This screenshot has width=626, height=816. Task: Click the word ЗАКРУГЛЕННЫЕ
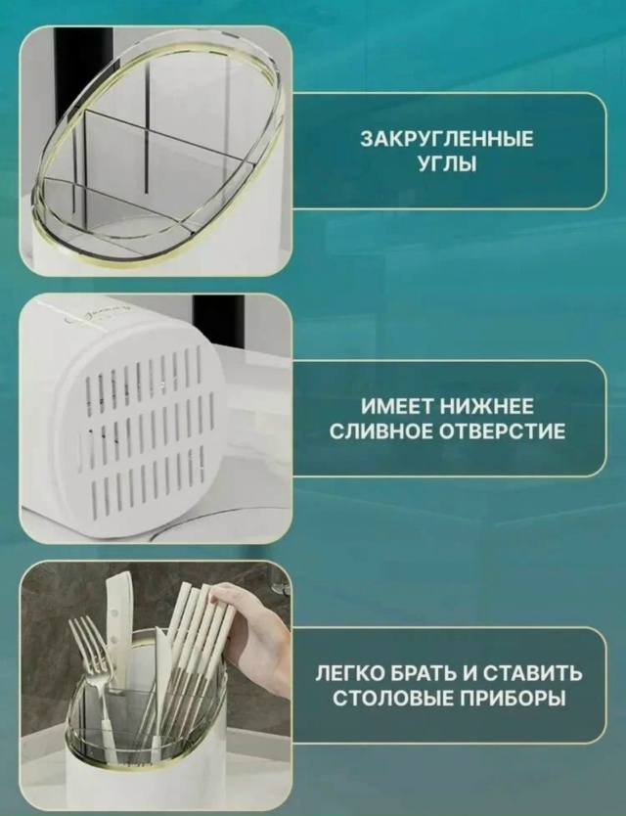pos(447,140)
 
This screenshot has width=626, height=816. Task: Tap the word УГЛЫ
pos(448,164)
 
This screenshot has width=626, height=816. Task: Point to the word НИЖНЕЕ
pos(487,406)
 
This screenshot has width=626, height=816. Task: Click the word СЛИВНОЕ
pos(381,431)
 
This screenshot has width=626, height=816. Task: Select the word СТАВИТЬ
pos(532,673)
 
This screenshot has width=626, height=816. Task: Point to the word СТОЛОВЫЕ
pos(392,699)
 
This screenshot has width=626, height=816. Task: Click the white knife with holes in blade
pos(117,631)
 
